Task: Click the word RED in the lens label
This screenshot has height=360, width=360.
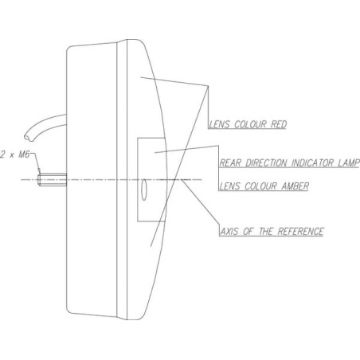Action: [x=279, y=124]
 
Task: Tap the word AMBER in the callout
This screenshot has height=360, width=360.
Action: [x=295, y=186]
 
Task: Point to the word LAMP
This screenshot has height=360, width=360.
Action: [x=348, y=162]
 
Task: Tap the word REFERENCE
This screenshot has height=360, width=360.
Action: [x=300, y=231]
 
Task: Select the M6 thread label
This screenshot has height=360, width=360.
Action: [x=24, y=155]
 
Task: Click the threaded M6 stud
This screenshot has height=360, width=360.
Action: [x=52, y=179]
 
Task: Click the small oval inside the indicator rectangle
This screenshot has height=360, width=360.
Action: [x=144, y=190]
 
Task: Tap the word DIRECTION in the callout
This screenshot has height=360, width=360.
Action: [x=266, y=162]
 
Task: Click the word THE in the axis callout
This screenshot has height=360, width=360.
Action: [x=265, y=231]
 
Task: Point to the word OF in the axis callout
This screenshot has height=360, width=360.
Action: [x=248, y=231]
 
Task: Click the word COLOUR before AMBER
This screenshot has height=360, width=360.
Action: [x=261, y=186]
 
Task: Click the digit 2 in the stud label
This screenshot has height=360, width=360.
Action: [x=2, y=155]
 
